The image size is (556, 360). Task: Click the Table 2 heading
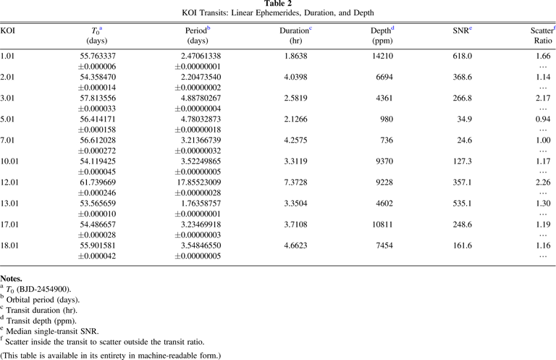pos(278,4)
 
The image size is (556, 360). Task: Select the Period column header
pos(196,30)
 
